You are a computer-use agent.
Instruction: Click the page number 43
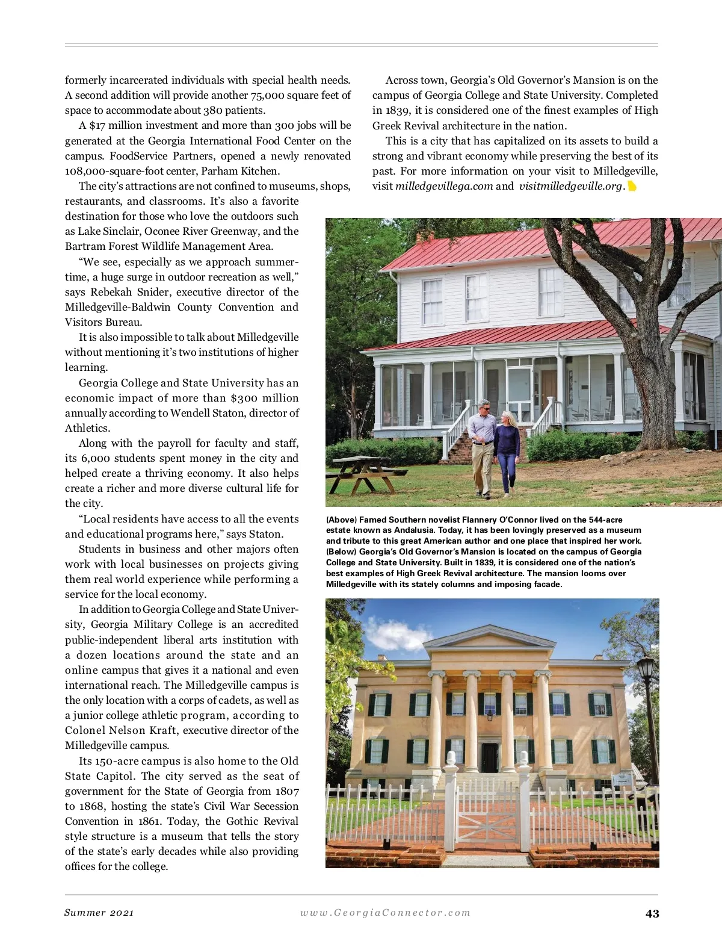point(652,913)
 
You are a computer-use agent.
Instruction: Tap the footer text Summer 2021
point(99,913)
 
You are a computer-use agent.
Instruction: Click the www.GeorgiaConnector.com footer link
point(385,913)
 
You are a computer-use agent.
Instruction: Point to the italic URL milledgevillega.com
point(444,186)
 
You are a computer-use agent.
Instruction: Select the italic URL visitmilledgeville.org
point(570,186)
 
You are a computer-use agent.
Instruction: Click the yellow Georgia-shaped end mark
point(632,186)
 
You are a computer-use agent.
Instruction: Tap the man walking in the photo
point(483,446)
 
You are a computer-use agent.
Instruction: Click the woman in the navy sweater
point(507,452)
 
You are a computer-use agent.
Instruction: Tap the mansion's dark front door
point(489,756)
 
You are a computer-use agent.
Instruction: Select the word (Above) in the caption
point(341,520)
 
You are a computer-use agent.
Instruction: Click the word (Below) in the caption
point(341,552)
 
